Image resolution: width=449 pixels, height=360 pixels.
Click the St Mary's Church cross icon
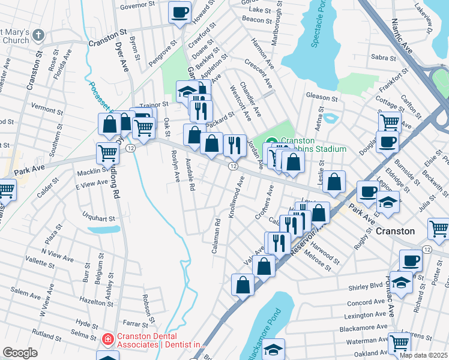[x=40, y=35]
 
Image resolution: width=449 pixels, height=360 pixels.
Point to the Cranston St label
[x=108, y=43]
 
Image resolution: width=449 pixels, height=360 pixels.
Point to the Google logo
[x=20, y=353]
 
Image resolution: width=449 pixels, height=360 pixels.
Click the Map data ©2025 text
[x=423, y=355]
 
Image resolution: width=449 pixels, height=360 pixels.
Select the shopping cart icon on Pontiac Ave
[x=399, y=343]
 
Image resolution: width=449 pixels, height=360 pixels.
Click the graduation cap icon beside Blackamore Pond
[x=274, y=349]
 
